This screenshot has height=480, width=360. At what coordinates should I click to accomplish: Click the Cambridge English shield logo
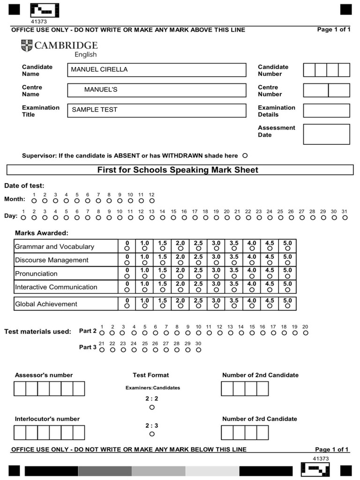click(x=27, y=46)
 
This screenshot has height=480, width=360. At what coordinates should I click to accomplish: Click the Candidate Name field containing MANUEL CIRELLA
click(x=157, y=70)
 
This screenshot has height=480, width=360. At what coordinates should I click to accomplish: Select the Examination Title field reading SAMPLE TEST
click(x=157, y=110)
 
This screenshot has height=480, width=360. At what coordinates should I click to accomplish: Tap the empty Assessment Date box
click(x=326, y=134)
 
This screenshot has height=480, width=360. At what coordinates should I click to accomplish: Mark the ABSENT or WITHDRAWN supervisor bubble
click(x=245, y=156)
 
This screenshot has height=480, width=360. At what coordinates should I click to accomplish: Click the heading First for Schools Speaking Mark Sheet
click(x=178, y=170)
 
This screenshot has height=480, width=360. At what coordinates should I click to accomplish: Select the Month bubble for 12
click(x=151, y=201)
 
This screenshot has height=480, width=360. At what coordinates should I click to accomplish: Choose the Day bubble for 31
click(x=345, y=217)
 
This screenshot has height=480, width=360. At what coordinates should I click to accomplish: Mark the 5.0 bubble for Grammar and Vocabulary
click(x=287, y=249)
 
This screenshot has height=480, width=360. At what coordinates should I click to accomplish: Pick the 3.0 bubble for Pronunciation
click(x=216, y=276)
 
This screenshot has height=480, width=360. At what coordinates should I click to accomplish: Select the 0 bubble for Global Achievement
click(x=127, y=306)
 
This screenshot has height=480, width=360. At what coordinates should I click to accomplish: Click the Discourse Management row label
click(x=52, y=260)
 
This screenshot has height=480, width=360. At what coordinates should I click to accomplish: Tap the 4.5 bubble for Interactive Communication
click(x=270, y=290)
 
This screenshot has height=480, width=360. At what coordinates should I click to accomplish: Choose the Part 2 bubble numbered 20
click(x=306, y=333)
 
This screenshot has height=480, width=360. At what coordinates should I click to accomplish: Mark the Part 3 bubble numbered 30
click(x=198, y=350)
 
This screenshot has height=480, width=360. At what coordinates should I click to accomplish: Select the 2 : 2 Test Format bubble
click(x=152, y=407)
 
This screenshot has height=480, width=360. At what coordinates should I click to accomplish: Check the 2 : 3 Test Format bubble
click(x=152, y=434)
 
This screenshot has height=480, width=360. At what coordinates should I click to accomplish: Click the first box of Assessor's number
click(x=20, y=389)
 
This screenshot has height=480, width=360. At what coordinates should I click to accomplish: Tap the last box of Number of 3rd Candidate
click(x=262, y=433)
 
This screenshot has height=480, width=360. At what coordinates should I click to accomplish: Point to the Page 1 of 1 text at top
click(x=333, y=30)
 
